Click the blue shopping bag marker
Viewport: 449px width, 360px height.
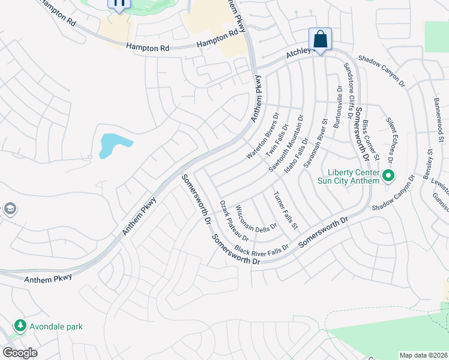pyautogui.click(x=320, y=40)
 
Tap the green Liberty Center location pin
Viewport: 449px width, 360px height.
pyautogui.click(x=388, y=176)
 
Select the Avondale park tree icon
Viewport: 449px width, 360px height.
pyautogui.click(x=20, y=326)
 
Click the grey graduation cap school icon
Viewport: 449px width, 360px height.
pyautogui.click(x=10, y=209)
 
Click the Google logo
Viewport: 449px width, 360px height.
pyautogui.click(x=19, y=353)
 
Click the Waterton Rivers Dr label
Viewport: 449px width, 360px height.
pyautogui.click(x=262, y=136)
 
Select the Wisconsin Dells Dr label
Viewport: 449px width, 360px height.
pyautogui.click(x=256, y=220)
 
